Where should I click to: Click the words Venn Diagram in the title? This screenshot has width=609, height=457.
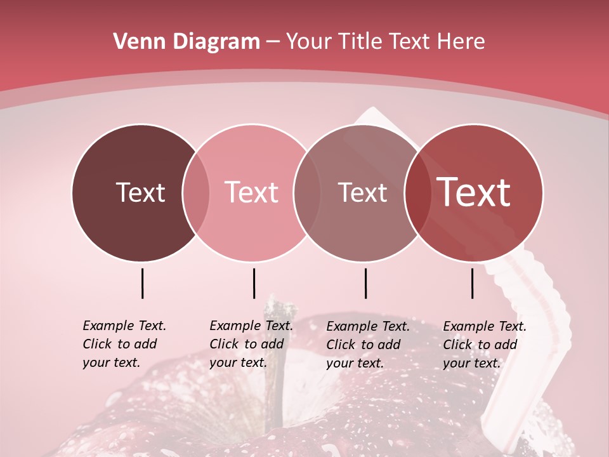(187, 42)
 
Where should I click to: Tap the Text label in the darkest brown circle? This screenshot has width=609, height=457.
(140, 193)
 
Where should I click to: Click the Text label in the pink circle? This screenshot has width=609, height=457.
(251, 193)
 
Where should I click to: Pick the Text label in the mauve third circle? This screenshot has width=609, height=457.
(362, 193)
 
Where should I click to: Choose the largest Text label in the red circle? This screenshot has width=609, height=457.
(473, 192)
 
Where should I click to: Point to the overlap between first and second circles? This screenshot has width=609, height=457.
(196, 193)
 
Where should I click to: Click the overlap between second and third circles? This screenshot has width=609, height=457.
(306, 193)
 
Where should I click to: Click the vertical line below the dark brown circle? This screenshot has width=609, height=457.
(142, 283)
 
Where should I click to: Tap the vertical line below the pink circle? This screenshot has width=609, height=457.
(254, 283)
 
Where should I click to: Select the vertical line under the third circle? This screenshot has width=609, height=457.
(365, 283)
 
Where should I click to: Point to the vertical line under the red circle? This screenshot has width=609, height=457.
(472, 283)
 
